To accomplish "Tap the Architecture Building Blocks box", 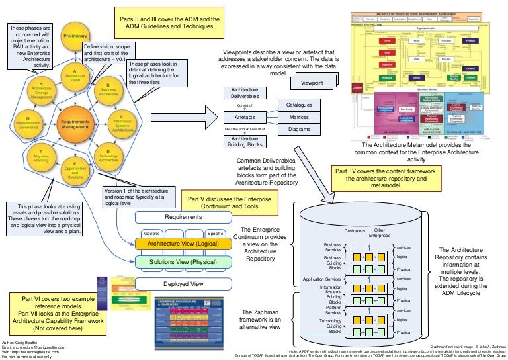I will pos(245,140).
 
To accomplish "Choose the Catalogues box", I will pos(299,105).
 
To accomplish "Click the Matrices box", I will pos(299,118).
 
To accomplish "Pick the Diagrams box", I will pos(299,130).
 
